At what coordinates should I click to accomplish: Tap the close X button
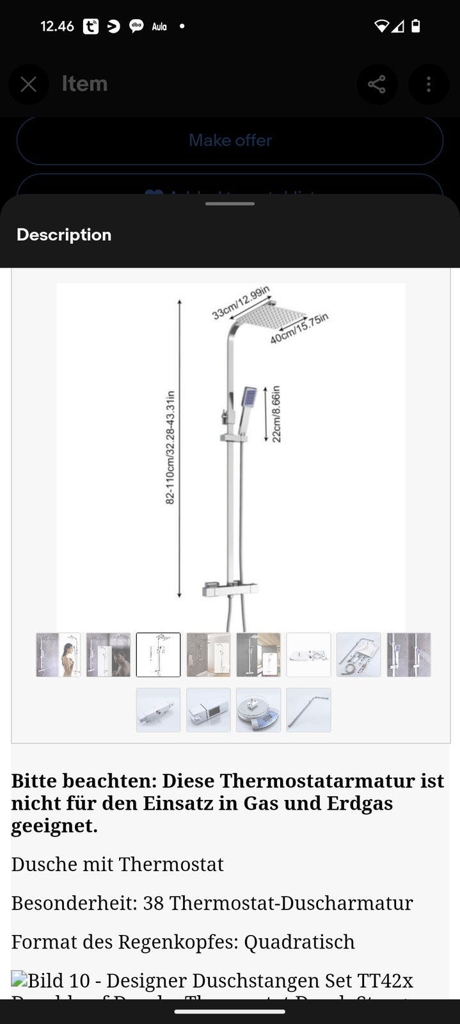(28, 84)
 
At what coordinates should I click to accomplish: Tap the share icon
(377, 84)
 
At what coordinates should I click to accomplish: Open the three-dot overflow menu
(428, 84)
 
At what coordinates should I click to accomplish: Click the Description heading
(64, 235)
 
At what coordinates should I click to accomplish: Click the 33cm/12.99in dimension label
(241, 303)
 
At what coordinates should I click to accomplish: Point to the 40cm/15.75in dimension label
(299, 329)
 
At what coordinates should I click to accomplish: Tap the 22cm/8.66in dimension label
(276, 413)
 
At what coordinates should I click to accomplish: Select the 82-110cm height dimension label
(170, 447)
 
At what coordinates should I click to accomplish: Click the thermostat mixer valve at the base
(230, 589)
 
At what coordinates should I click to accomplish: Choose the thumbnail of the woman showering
(58, 655)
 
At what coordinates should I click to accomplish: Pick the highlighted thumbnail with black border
(158, 655)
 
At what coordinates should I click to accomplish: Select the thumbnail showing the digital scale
(258, 710)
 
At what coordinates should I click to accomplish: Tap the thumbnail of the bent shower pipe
(308, 710)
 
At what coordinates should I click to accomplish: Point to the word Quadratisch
(299, 941)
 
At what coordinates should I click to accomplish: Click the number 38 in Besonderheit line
(154, 903)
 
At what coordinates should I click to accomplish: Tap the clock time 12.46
(57, 26)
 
